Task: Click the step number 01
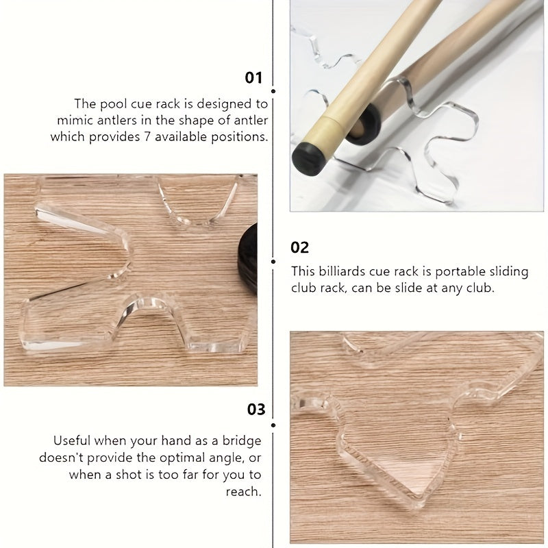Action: tap(253, 77)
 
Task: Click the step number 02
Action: tap(299, 247)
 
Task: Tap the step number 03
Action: tap(256, 409)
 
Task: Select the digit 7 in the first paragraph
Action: tap(147, 136)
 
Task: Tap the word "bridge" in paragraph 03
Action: tap(242, 441)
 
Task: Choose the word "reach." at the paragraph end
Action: tap(244, 491)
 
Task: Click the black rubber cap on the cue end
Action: tap(309, 159)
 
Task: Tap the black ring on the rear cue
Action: tap(364, 125)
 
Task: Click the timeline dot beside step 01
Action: tap(273, 91)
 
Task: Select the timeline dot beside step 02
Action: tap(273, 262)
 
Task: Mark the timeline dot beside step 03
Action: tap(273, 425)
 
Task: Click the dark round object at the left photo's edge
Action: tap(248, 259)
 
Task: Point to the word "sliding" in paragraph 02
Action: tap(509, 272)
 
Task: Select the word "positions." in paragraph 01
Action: tap(239, 136)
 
